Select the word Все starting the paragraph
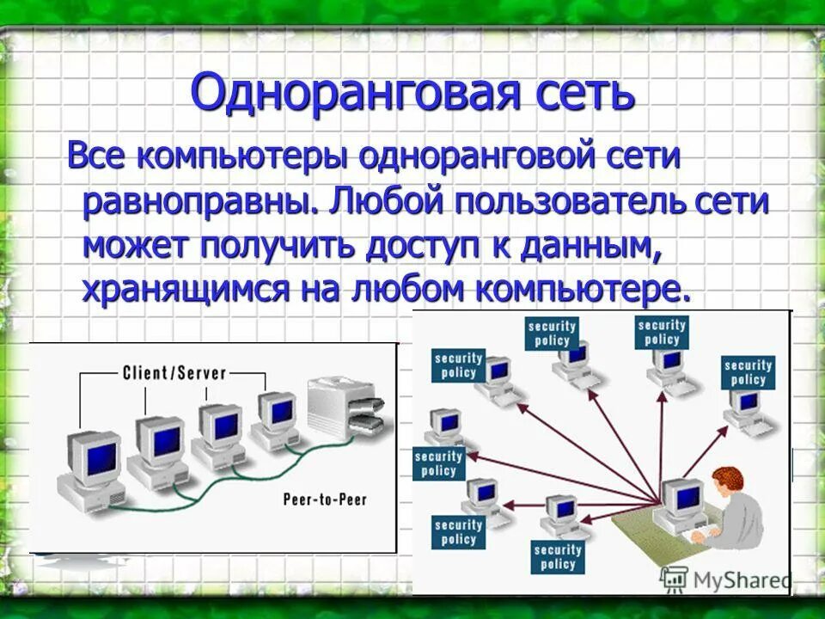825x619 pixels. (97, 158)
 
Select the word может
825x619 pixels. (137, 246)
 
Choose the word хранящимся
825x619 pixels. (185, 291)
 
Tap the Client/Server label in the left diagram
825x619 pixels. (174, 373)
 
